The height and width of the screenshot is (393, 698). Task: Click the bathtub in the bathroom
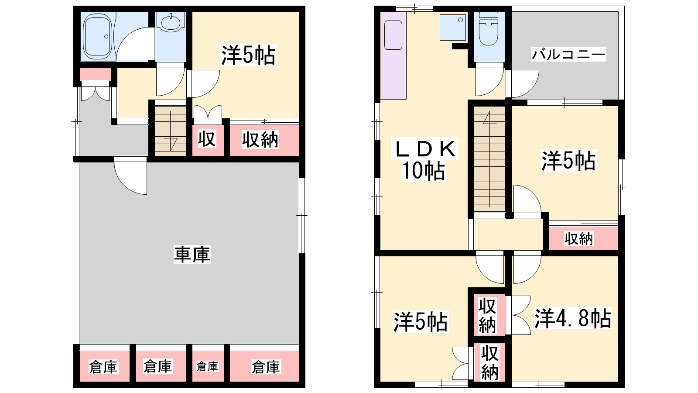97,37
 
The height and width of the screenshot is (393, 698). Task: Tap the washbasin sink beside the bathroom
170,22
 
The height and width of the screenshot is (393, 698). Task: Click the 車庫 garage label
192,255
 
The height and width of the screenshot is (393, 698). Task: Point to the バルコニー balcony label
568,55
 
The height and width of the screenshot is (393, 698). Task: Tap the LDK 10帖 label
424,160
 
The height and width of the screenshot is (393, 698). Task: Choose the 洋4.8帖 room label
573,318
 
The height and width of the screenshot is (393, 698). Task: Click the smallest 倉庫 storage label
207,366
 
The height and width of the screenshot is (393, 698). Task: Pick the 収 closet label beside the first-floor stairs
207,139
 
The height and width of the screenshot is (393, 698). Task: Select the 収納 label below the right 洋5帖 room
578,238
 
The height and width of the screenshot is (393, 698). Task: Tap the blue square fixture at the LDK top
453,28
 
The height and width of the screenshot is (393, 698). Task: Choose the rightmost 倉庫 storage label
266,367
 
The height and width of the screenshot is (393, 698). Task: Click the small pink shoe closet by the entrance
95,75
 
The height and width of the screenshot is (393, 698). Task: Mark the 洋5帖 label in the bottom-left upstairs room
421,322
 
